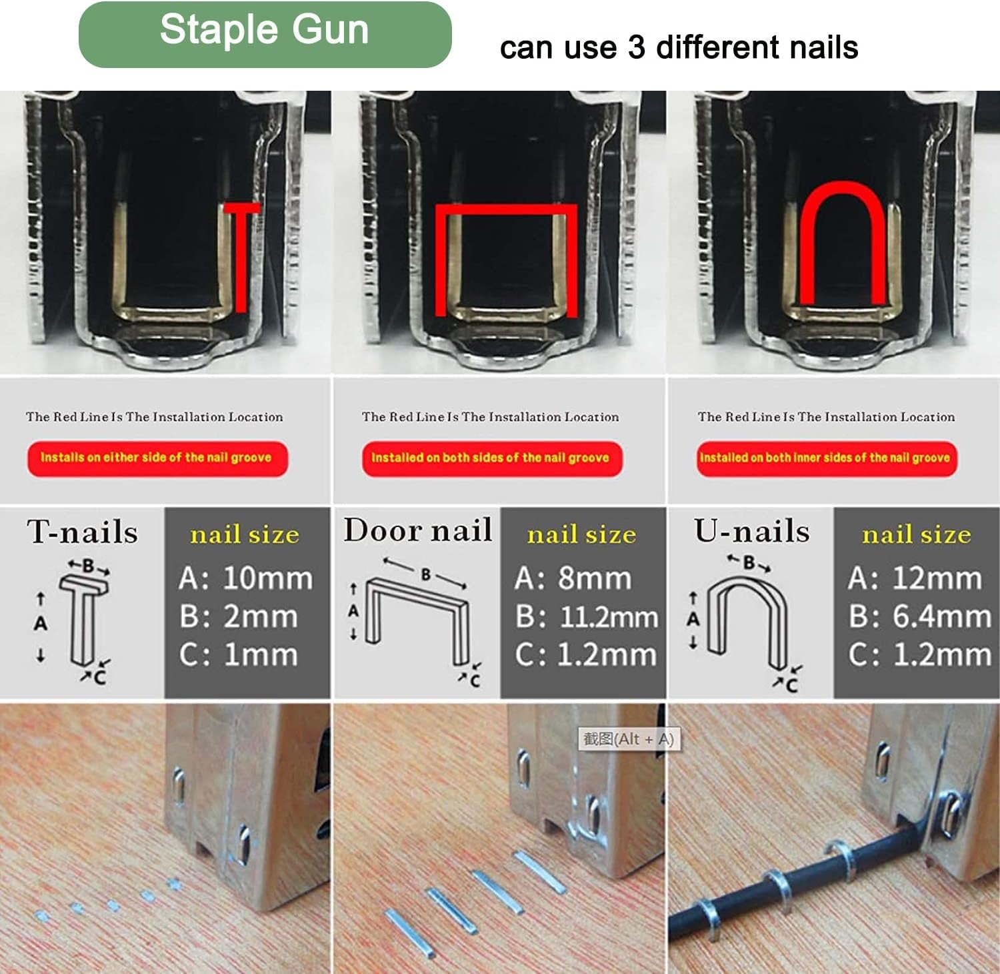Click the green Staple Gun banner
[x=265, y=35]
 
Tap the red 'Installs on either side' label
[x=157, y=458]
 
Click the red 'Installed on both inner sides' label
[x=826, y=458]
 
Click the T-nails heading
[x=83, y=532]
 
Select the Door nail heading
[x=418, y=530]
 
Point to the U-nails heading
[x=752, y=531]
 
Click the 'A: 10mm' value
[x=246, y=578]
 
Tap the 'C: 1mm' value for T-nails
[x=239, y=655]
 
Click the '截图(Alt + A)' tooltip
[x=629, y=739]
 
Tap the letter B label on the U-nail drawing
[x=749, y=563]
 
